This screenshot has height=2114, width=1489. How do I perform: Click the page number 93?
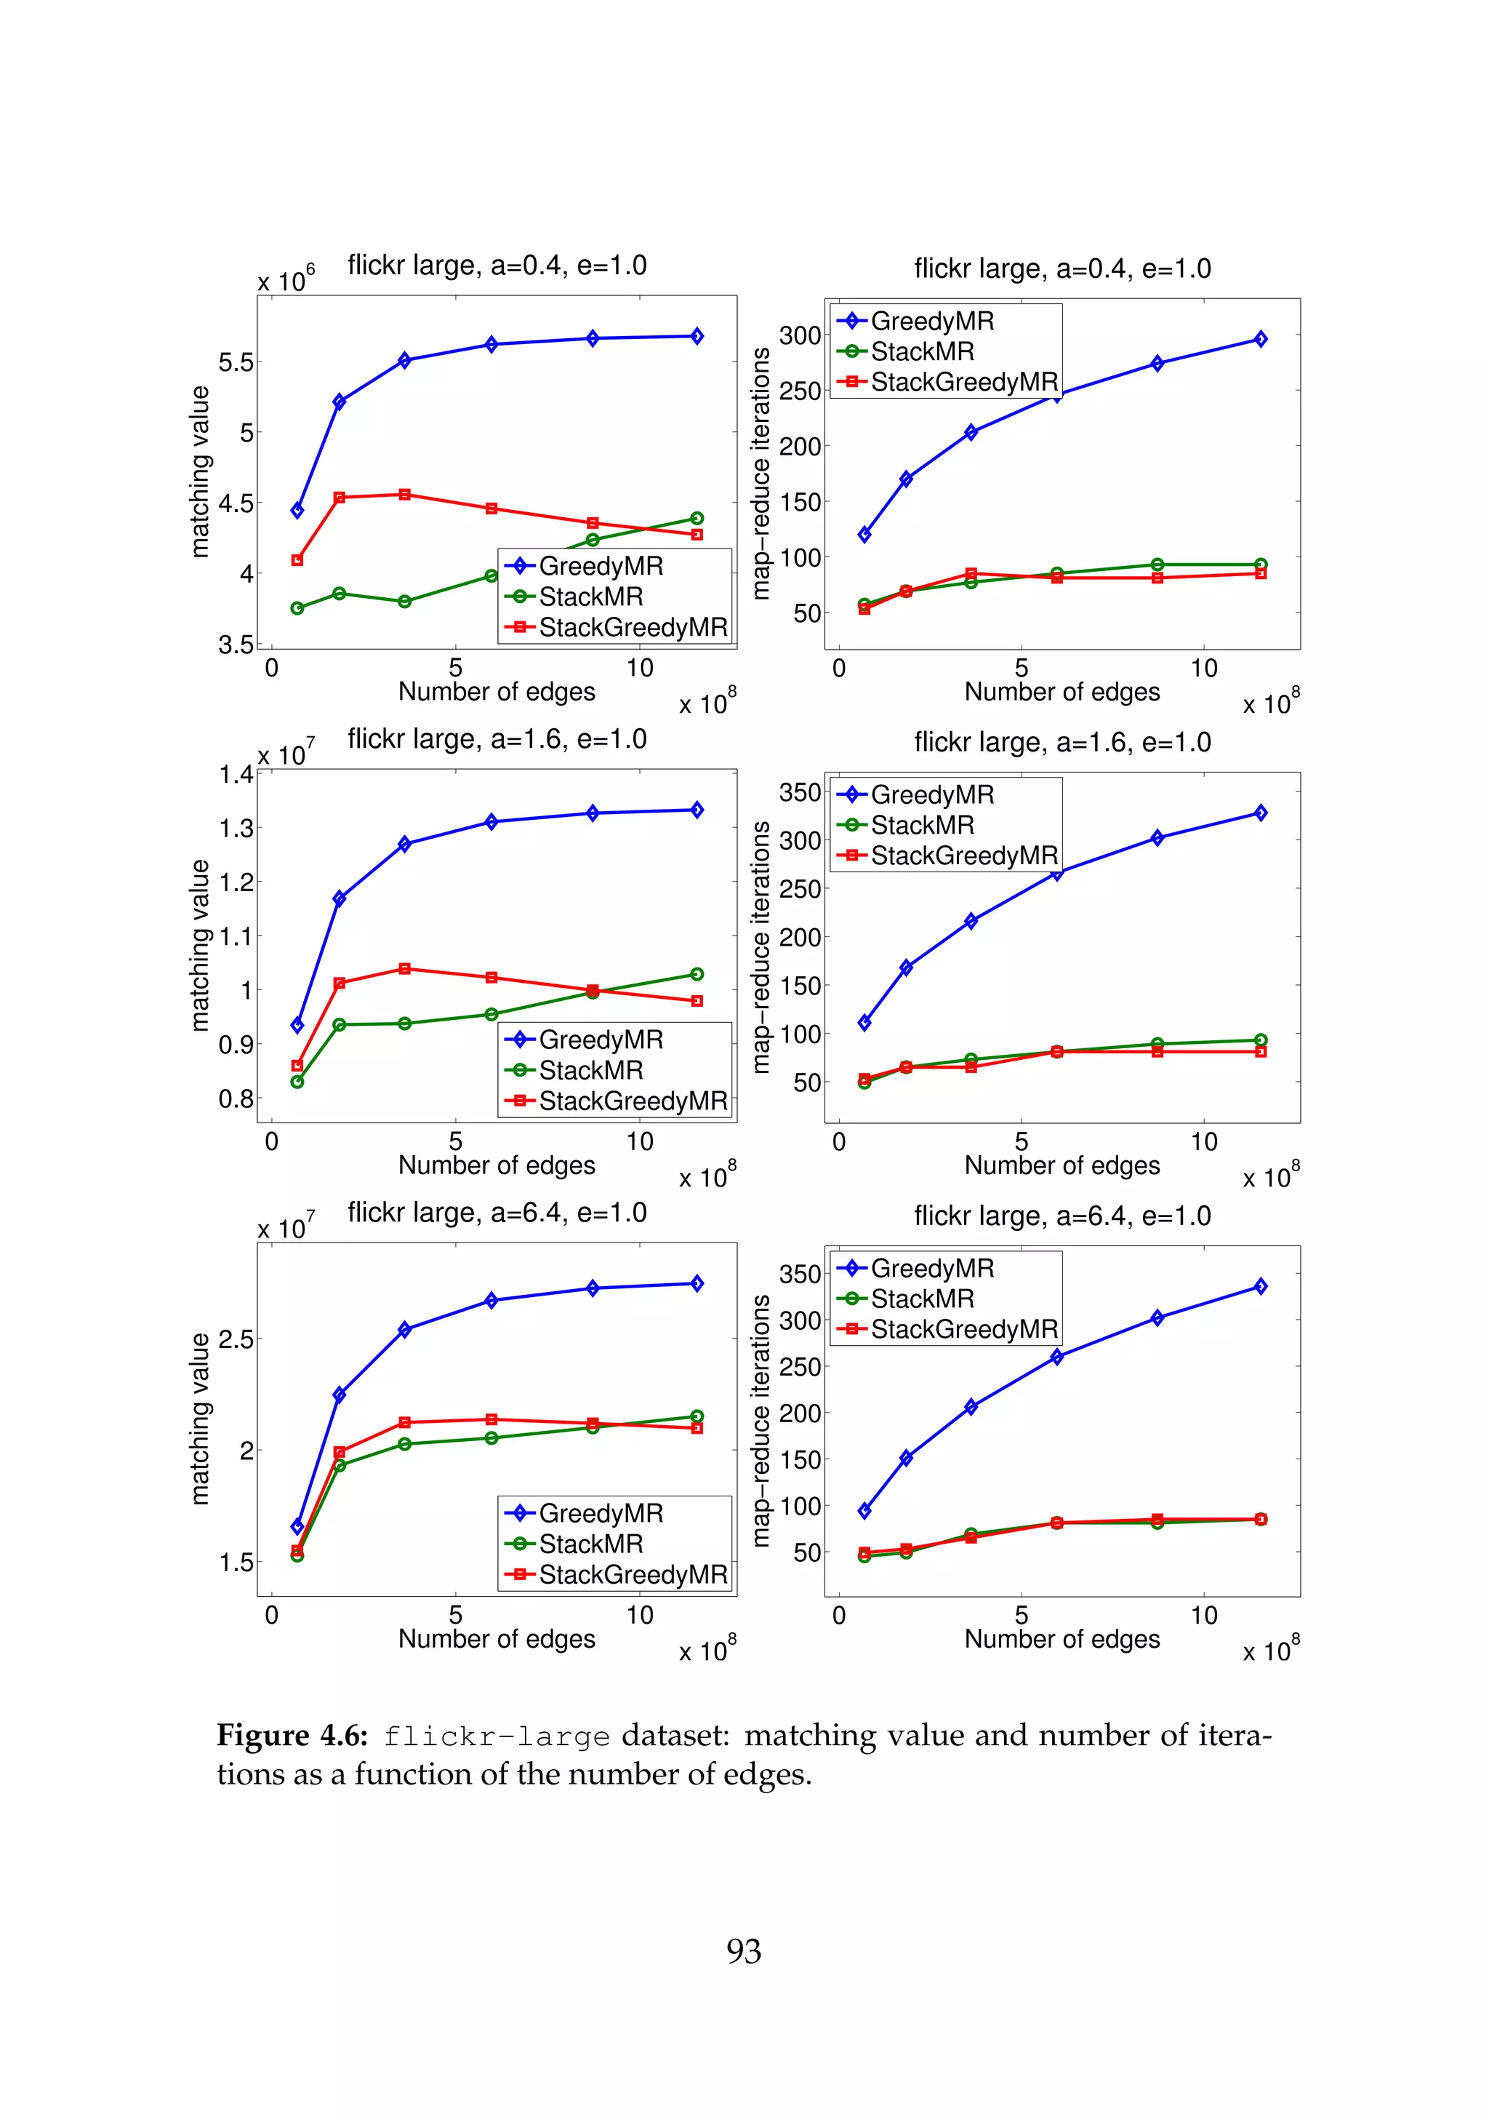[744, 1951]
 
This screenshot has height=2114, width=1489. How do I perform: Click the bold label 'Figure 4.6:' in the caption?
[292, 1736]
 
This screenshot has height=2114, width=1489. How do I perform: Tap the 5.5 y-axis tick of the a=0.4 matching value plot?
[236, 362]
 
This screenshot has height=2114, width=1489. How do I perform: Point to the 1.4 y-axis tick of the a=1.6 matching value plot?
[236, 774]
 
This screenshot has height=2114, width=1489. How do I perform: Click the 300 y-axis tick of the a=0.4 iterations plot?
[800, 335]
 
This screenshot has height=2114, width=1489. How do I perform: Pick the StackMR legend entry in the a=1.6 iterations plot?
[922, 825]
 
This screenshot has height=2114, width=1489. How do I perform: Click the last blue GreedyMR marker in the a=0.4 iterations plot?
[1260, 339]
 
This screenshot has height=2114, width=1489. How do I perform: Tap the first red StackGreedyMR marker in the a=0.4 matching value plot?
[297, 560]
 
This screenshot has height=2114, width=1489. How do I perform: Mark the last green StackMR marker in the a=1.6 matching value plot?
[697, 974]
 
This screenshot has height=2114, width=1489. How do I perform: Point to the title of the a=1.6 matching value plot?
[497, 738]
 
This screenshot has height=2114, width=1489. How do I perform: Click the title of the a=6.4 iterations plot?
[1062, 1216]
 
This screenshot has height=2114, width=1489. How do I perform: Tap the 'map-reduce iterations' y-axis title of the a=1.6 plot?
[760, 947]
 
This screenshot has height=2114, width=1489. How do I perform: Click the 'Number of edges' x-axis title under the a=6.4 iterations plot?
[1062, 1639]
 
